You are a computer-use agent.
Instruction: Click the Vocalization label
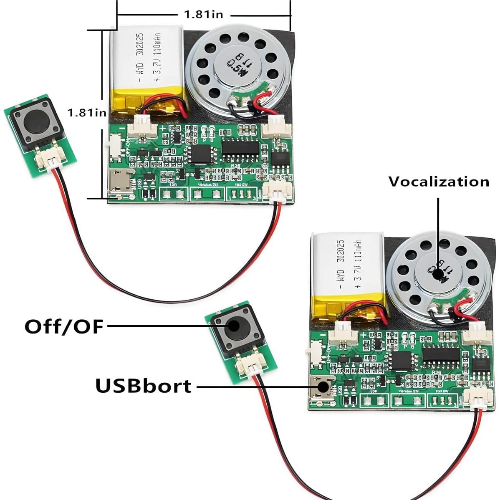pos(439,182)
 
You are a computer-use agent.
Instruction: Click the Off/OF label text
pos(63,326)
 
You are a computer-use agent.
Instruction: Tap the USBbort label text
pos(144,386)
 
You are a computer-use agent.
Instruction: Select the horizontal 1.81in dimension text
pos(204,15)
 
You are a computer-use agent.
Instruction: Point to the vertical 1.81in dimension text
pos(87,113)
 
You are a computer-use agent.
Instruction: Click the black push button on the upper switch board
pos(35,121)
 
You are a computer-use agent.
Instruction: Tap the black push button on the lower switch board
pos(232,327)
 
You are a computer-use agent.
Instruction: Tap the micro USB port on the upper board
pos(120,182)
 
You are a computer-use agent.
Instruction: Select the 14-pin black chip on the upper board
pos(240,146)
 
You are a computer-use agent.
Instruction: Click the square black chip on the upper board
pos(200,153)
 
